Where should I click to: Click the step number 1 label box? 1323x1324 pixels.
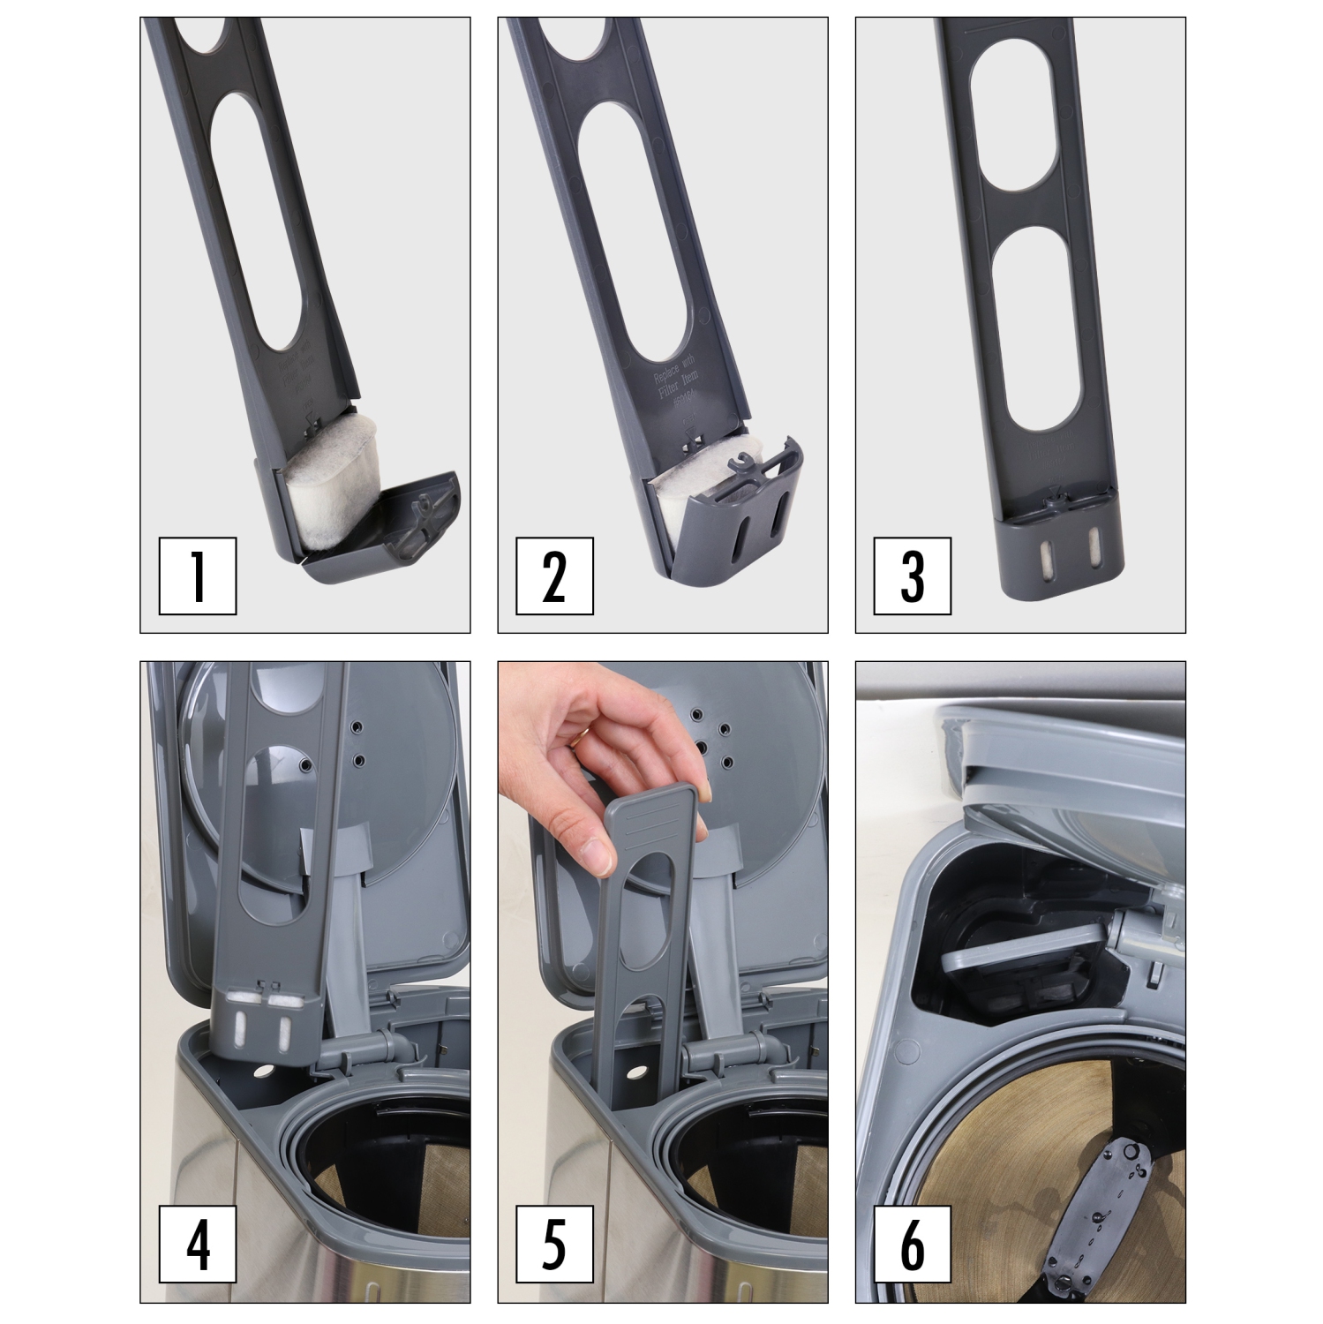pyautogui.click(x=198, y=575)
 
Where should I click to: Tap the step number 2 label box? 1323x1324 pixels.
pyautogui.click(x=554, y=575)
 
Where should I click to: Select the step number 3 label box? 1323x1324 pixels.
pyautogui.click(x=912, y=575)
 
